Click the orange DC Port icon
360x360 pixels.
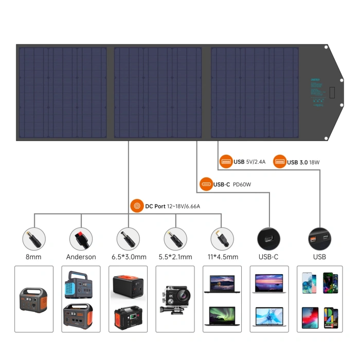pos(137,206)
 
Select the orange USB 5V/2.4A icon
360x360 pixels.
pos(226,161)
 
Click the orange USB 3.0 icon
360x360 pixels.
pos(280,161)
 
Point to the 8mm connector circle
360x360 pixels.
pos(34,239)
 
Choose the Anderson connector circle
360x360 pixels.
pos(81,239)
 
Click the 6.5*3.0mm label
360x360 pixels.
pos(128,257)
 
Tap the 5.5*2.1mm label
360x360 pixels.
pos(175,257)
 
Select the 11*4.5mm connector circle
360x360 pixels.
pos(222,239)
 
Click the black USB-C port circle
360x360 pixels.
pos(269,239)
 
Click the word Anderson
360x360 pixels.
pos(81,257)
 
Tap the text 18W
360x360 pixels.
pos(315,162)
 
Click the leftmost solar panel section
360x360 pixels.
pos(63,93)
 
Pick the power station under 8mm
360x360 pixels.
pos(34,299)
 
